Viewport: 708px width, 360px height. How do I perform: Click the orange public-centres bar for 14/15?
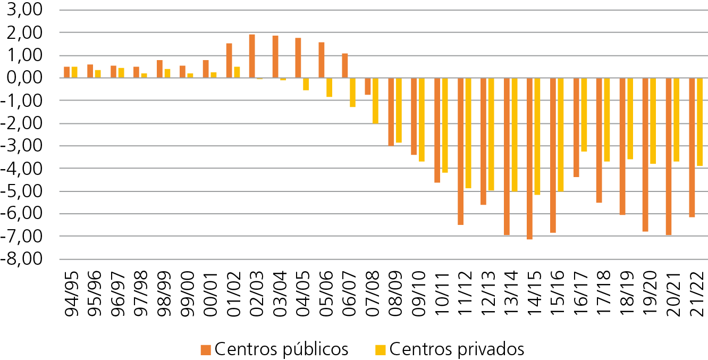(x=529, y=158)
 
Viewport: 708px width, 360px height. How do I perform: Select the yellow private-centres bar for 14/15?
(x=537, y=136)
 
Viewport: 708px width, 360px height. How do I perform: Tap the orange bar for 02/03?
(x=252, y=56)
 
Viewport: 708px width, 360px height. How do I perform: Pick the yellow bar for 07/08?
(x=375, y=101)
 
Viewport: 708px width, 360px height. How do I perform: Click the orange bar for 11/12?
(x=460, y=151)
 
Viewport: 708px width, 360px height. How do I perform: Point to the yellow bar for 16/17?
(x=584, y=115)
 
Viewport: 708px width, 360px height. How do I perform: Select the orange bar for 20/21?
(x=668, y=156)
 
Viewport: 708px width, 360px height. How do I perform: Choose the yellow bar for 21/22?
(x=699, y=122)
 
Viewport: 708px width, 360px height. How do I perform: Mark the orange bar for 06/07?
(x=344, y=65)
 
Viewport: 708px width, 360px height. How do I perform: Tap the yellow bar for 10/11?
(x=445, y=125)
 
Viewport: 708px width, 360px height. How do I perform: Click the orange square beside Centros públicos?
(x=206, y=349)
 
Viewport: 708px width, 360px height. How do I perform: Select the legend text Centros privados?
(x=457, y=349)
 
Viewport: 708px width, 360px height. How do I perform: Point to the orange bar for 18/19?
(x=622, y=146)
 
